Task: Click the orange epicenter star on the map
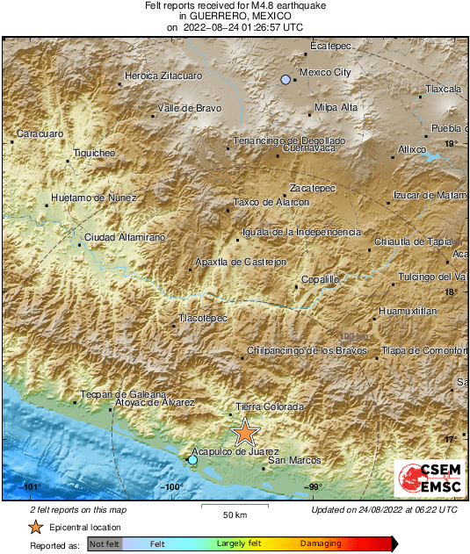[245, 432]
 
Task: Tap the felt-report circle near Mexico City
[286, 80]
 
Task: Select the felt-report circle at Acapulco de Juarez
[193, 459]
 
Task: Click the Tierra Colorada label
[270, 407]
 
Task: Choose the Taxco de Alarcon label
[271, 202]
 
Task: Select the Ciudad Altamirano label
[125, 237]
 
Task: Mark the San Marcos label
[293, 460]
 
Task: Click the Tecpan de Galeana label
[118, 394]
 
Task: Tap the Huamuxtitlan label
[408, 311]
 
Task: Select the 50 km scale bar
[234, 507]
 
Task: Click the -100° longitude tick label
[171, 486]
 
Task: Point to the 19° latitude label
[450, 143]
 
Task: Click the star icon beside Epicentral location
[36, 527]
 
